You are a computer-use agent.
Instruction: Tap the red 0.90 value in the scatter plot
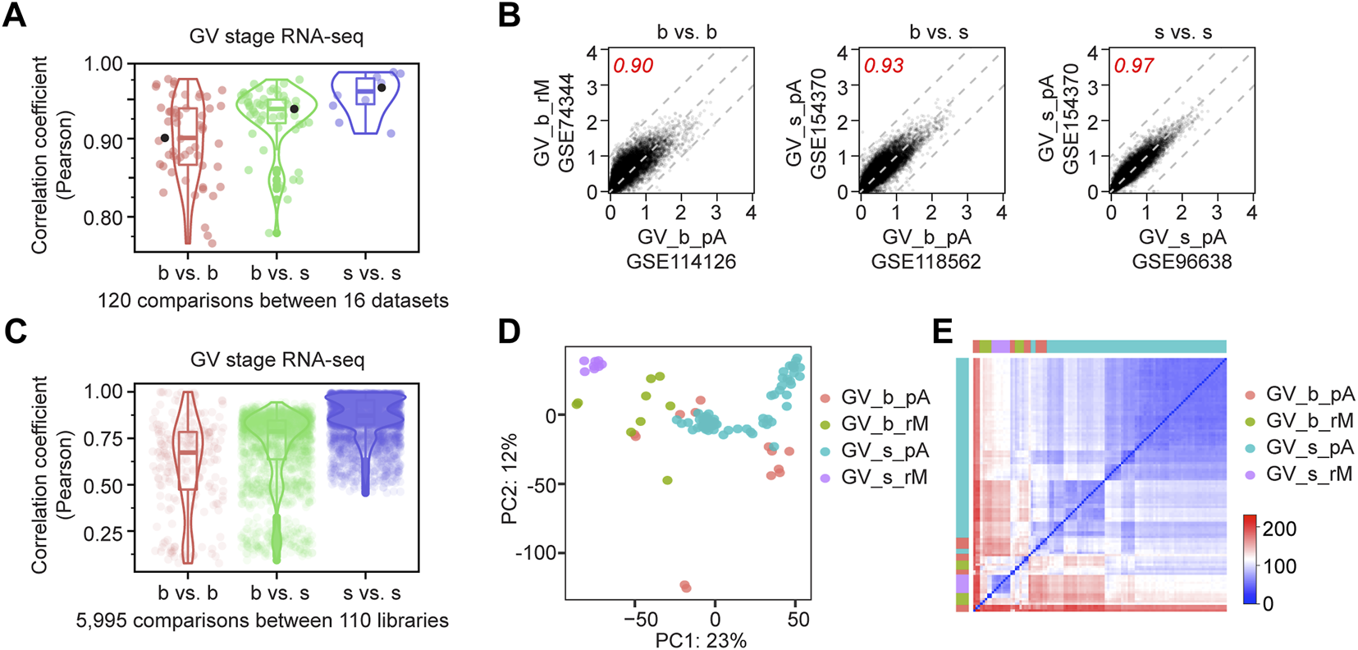tap(633, 66)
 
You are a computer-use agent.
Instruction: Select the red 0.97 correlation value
tap(1134, 66)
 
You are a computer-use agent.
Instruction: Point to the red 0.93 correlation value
tap(884, 66)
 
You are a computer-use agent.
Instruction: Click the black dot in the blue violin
tap(382, 88)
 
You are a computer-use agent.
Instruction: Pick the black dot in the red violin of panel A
tap(165, 139)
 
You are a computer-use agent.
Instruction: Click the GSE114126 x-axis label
tap(681, 262)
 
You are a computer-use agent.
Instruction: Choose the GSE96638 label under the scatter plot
tap(1182, 262)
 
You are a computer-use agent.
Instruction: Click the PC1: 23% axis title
tap(701, 640)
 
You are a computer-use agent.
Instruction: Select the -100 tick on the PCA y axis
tap(537, 552)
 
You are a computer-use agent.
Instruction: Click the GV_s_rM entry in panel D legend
tap(884, 477)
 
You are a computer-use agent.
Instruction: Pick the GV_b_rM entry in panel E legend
tap(1309, 421)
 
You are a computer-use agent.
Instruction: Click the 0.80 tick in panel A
tap(103, 217)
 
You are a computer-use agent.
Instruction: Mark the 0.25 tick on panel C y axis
tap(103, 533)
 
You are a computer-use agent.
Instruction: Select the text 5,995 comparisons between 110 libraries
tap(263, 620)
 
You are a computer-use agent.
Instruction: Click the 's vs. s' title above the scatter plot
tap(1182, 33)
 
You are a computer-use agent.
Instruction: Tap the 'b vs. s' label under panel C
tap(280, 593)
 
